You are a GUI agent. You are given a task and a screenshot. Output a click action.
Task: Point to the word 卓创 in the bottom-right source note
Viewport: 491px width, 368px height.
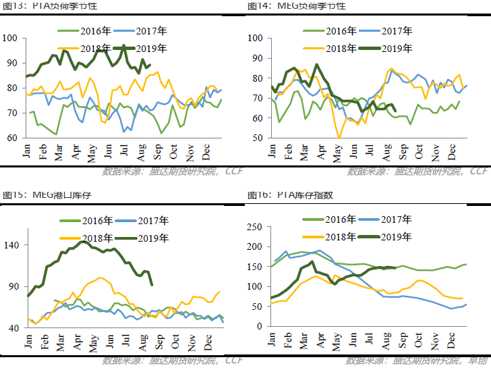pos(480,361)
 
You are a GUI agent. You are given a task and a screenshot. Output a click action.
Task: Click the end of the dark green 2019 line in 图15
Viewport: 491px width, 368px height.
pos(151,284)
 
